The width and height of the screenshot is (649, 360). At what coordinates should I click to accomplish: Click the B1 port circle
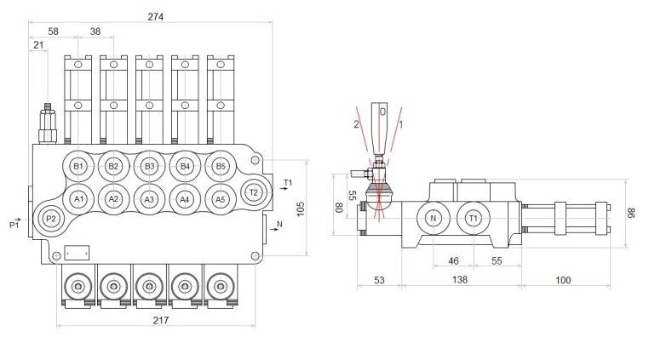[78, 166]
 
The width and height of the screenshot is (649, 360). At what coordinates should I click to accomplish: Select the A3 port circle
[149, 199]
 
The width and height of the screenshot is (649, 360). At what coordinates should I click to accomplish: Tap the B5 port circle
[220, 166]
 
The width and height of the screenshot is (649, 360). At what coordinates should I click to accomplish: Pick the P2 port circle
[50, 219]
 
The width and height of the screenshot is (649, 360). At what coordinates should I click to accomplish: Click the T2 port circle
[253, 192]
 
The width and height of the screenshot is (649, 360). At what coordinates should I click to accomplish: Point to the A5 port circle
[220, 199]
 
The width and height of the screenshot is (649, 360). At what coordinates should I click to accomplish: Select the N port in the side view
[433, 219]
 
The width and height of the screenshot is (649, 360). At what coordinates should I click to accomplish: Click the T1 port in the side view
[473, 219]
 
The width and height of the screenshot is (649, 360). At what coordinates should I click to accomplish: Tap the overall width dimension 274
[155, 16]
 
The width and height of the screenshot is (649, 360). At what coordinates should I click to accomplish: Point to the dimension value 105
[300, 209]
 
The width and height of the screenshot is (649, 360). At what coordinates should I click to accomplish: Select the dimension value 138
[461, 280]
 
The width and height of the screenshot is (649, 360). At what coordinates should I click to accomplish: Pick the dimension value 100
[563, 280]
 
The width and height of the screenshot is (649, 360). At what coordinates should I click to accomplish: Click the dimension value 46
[453, 261]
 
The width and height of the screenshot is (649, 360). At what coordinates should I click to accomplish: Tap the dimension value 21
[38, 45]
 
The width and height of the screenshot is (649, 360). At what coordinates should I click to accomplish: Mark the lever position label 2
[357, 124]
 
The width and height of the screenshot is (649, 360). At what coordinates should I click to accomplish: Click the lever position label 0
[382, 111]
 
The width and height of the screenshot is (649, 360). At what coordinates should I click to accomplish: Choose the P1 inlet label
[14, 225]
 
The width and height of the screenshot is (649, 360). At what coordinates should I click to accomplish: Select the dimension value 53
[379, 280]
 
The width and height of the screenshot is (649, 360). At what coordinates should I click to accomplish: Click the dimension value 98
[631, 213]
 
